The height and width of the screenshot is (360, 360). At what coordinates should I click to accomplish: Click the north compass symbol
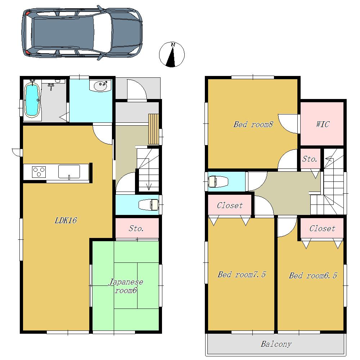tap(172, 55)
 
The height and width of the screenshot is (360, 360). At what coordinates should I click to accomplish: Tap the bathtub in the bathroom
tap(32, 99)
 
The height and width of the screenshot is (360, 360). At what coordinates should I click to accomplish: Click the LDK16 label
tap(66, 221)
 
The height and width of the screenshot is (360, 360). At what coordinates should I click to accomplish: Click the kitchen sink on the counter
tap(69, 171)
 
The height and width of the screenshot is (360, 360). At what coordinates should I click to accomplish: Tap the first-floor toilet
tap(149, 205)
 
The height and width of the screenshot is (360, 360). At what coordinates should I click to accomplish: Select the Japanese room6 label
tap(126, 286)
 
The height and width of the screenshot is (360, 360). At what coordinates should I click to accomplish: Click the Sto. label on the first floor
tap(136, 229)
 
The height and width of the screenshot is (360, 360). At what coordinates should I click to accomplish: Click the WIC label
tap(323, 125)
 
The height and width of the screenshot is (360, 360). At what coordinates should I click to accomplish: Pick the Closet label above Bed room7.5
tap(230, 206)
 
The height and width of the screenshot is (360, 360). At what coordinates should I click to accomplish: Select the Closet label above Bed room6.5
tap(322, 229)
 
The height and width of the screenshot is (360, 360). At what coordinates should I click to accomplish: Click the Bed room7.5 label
tap(242, 275)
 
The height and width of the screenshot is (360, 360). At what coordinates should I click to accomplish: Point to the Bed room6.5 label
tap(313, 276)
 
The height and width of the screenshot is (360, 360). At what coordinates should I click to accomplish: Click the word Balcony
tap(276, 344)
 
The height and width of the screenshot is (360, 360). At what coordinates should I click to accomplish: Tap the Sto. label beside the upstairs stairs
tap(310, 159)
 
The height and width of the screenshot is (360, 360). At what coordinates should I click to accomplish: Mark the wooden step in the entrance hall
tap(154, 129)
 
